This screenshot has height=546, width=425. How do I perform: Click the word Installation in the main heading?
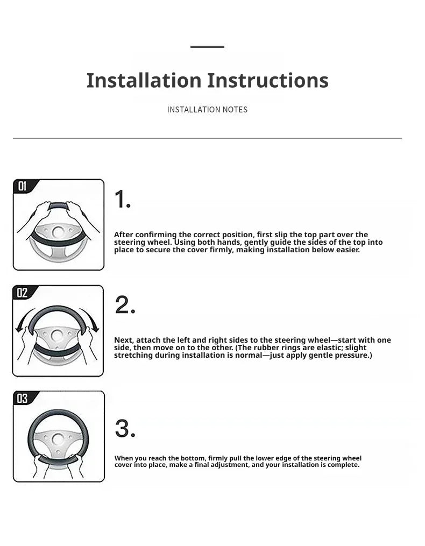[144, 81]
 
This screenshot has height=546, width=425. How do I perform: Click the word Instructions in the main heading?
[268, 81]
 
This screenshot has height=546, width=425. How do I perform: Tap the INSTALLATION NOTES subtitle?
[207, 110]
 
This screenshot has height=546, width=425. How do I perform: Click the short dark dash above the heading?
[207, 46]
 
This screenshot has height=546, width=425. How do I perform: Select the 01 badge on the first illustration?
[23, 186]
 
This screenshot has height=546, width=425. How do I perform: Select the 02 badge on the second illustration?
[22, 293]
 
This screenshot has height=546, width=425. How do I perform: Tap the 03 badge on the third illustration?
[23, 398]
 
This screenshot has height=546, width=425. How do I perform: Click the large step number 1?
[123, 200]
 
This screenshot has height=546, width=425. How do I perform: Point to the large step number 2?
[125, 305]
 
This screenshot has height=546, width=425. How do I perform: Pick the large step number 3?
[125, 429]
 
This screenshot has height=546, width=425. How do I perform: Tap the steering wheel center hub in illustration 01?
[58, 232]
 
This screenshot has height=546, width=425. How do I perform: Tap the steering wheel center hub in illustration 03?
[58, 439]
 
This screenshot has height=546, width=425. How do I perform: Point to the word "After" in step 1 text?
[124, 235]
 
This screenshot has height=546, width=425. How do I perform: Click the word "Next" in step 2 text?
[124, 340]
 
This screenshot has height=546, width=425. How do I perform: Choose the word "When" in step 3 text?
[124, 458]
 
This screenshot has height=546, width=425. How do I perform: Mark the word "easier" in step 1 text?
[348, 250]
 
